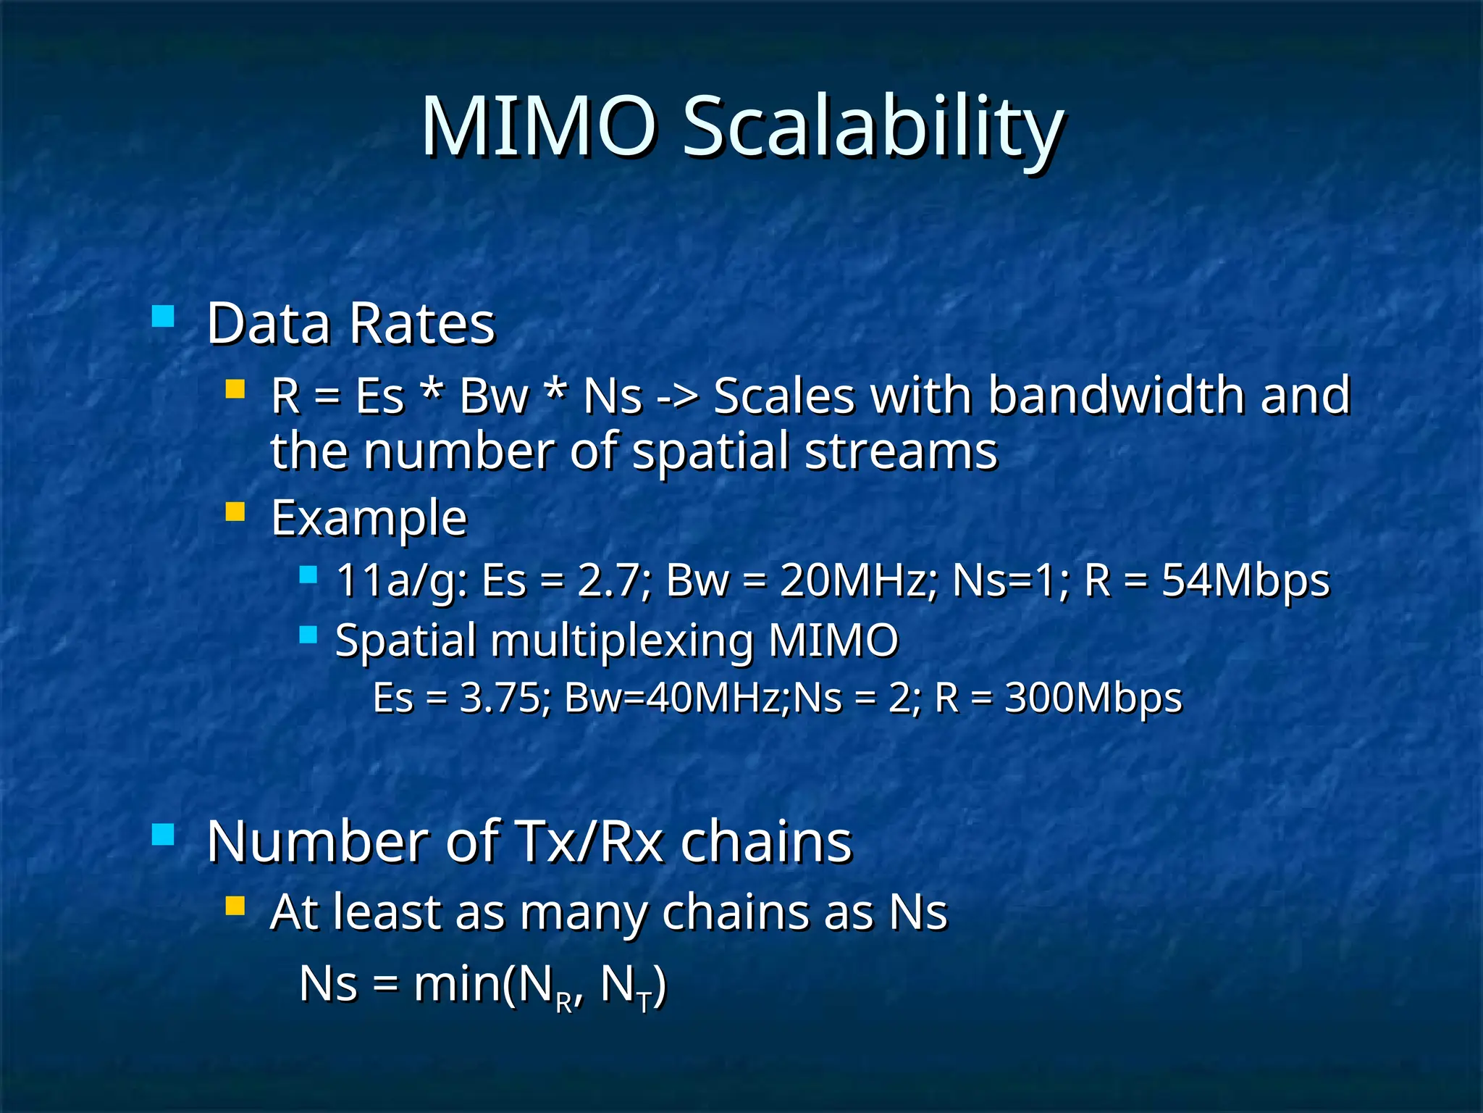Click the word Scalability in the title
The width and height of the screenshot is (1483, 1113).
(x=873, y=129)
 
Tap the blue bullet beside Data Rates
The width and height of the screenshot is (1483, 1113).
(x=163, y=317)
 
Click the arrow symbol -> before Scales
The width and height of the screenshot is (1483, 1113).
(x=678, y=396)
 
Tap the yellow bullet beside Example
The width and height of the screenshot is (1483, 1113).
(x=235, y=512)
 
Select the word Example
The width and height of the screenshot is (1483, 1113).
(x=369, y=519)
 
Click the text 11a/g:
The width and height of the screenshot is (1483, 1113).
(x=402, y=581)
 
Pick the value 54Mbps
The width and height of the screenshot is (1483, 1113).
(x=1245, y=581)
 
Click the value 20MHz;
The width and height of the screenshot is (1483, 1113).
(x=858, y=581)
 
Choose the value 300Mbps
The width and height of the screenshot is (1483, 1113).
(x=1093, y=699)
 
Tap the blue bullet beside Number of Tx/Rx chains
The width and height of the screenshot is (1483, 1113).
(x=163, y=835)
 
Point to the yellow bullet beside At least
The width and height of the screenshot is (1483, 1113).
(x=235, y=906)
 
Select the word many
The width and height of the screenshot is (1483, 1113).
(x=582, y=913)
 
